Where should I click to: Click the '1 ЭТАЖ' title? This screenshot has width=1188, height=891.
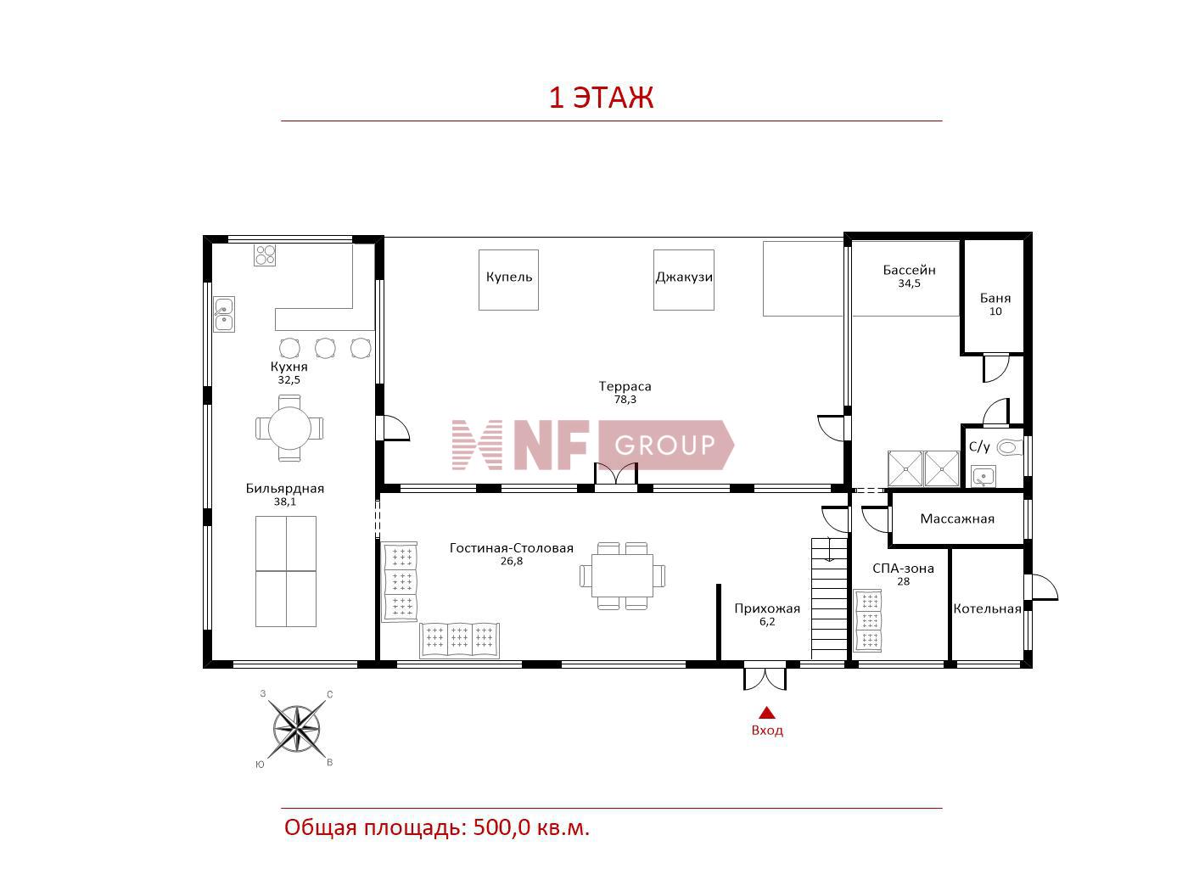601,98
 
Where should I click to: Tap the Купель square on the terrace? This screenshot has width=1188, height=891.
508,280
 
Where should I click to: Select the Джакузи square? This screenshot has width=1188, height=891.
684,280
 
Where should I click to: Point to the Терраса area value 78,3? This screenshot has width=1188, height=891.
625,400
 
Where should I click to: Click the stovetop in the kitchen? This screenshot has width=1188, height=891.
265,255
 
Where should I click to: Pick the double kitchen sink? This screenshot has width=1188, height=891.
223,314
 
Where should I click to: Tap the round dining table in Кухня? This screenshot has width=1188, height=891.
289,428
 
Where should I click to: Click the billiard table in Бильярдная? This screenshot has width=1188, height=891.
286,571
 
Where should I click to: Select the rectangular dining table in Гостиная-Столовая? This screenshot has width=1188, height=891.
622,575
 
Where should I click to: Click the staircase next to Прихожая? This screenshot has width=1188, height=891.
828,598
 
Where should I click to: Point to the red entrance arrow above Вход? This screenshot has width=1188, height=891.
767,713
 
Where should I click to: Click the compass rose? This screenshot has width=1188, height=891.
296,729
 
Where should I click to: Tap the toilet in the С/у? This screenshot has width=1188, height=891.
1009,447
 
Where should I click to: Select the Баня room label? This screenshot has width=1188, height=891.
995,298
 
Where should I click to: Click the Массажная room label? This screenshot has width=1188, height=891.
957,518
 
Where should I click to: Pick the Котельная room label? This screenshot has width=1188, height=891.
987,608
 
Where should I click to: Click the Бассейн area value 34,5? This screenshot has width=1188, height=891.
910,283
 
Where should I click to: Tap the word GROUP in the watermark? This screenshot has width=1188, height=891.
664,445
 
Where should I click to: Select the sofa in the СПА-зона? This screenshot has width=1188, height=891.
867,620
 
